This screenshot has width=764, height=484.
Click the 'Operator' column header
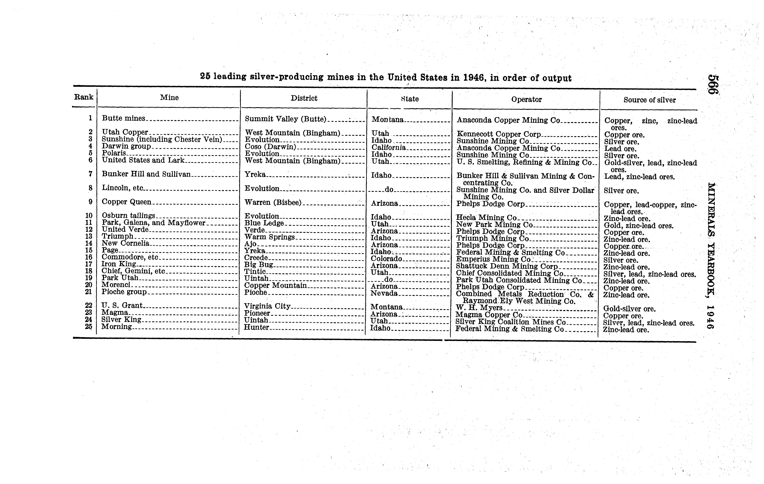tap(526, 99)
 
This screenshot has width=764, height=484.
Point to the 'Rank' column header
tap(84, 97)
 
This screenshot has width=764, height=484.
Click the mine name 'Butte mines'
tap(123, 118)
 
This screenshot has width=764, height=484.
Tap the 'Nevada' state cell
tap(384, 293)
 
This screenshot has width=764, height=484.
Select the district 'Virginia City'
tap(267, 306)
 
